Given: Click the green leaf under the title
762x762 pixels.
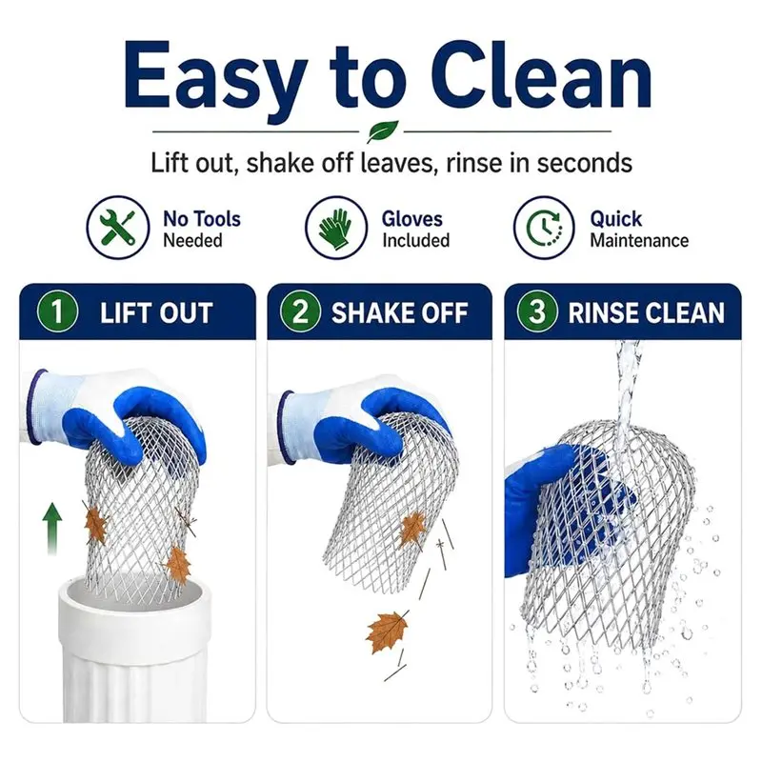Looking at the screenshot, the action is (x=383, y=130).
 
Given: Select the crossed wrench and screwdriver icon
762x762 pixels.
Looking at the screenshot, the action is (x=117, y=228).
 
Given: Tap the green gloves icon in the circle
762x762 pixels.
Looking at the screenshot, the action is (x=336, y=228).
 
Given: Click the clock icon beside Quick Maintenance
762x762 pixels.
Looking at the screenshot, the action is (x=544, y=228).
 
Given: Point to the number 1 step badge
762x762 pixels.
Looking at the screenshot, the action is (x=57, y=311).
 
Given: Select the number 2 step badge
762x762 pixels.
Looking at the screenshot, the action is (x=300, y=311).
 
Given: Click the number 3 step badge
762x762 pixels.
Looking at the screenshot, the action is (x=537, y=311).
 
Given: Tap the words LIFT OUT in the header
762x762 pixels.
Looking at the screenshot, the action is (x=156, y=312).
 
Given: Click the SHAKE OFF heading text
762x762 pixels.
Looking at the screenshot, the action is (x=399, y=312).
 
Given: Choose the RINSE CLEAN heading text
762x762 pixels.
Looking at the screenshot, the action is (x=647, y=312).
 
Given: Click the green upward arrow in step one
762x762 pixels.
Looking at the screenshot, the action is (x=52, y=529).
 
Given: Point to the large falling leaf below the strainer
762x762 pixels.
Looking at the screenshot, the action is (x=388, y=632).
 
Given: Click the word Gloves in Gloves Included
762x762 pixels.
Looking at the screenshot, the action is (x=412, y=219).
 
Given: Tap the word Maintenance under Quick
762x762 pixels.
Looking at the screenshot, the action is (x=639, y=241).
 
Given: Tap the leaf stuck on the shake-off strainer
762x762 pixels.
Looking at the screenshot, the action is (x=412, y=530).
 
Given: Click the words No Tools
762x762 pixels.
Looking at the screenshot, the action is (x=202, y=219).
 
